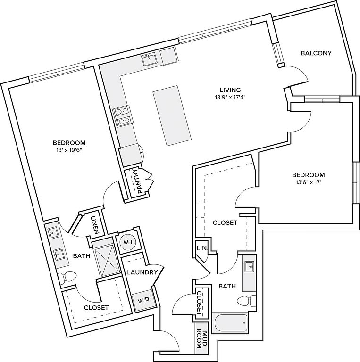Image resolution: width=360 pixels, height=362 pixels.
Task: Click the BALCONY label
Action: point(316,53)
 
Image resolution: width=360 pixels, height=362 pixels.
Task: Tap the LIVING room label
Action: point(230,90)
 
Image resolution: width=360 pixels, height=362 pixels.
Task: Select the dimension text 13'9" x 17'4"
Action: point(230,98)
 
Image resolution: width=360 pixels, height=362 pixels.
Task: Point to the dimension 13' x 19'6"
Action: point(69,151)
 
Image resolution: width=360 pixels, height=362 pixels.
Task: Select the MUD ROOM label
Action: point(201,340)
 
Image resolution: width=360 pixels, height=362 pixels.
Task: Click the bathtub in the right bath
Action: point(231,324)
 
